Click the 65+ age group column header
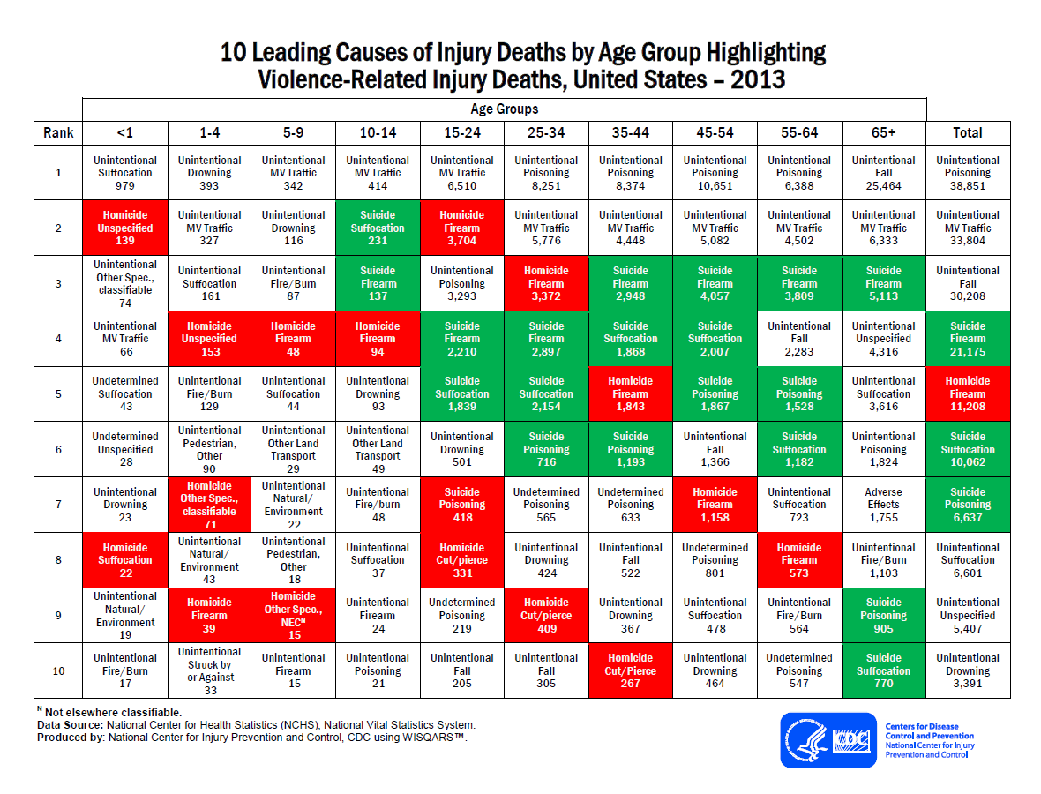point(883,132)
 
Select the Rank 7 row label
point(58,505)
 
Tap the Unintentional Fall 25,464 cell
point(883,173)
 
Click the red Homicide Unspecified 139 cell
point(125,228)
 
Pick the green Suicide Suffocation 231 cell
point(378,228)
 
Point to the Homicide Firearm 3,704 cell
point(461,228)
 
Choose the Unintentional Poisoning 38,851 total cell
point(968,173)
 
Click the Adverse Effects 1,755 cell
point(883,505)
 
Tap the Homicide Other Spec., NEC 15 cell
point(293,616)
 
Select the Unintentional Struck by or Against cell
point(209,670)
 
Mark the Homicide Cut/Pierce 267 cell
point(630,670)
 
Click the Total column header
point(968,132)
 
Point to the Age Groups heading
point(504,109)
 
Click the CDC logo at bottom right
point(828,739)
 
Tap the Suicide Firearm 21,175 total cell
point(968,339)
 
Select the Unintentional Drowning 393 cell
point(209,173)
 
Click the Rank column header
point(58,132)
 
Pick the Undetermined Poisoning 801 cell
point(715,560)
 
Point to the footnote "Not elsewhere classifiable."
point(113,712)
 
